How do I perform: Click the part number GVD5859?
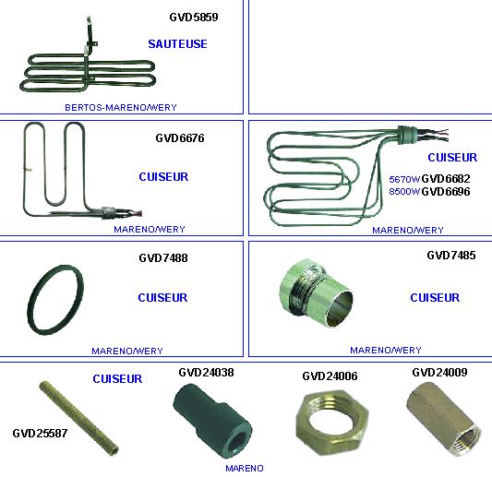point(194,17)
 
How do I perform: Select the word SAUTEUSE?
point(177,44)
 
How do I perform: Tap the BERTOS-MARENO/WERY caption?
point(121,108)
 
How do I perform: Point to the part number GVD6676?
point(180,138)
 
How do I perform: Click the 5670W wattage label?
point(404,179)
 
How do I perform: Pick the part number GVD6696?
point(446,191)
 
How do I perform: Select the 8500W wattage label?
point(404,191)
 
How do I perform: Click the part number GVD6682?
point(446,179)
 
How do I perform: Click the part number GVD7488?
point(163,258)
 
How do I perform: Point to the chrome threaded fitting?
point(316,292)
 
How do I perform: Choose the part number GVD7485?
point(451,256)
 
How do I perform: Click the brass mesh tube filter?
point(78,417)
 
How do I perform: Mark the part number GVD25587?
point(40,434)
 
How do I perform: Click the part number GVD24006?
point(330,376)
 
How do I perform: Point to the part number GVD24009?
point(439,372)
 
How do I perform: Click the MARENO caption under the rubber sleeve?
point(245,468)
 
